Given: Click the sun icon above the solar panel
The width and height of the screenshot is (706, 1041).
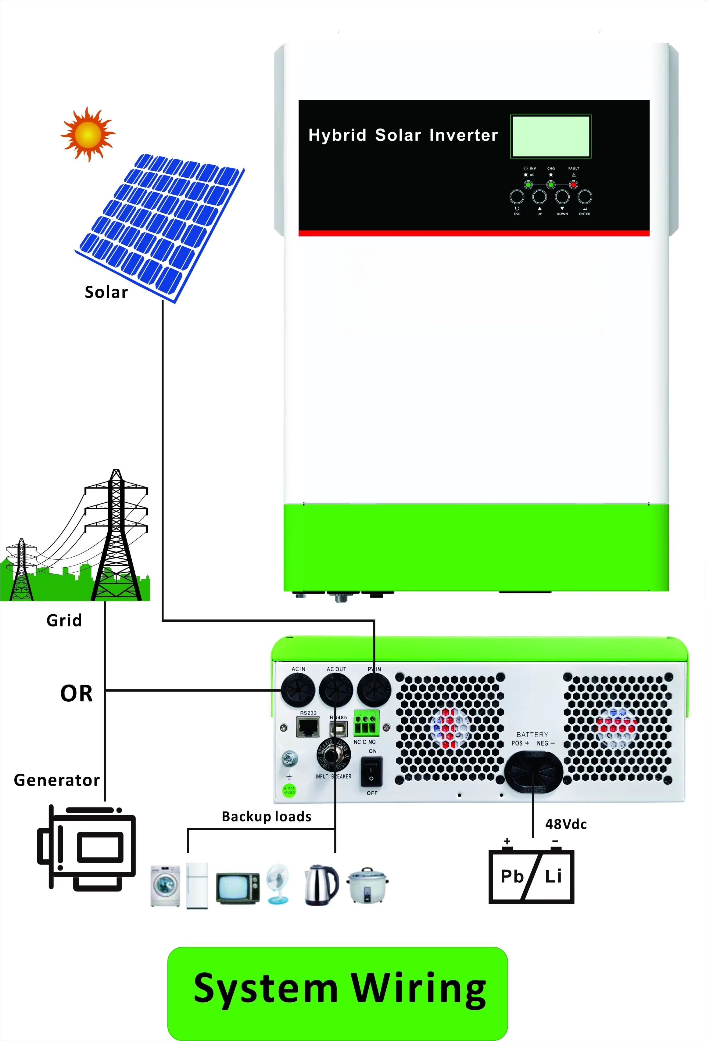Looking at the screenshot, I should click(88, 134).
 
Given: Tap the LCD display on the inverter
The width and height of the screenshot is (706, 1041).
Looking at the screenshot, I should click(551, 136).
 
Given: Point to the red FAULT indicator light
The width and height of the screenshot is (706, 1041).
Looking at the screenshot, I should click(573, 185).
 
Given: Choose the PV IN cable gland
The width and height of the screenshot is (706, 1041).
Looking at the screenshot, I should click(374, 690).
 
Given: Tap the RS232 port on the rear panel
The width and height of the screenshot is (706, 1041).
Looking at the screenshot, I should click(308, 727).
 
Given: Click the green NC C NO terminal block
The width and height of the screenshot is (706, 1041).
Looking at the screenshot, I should click(366, 723).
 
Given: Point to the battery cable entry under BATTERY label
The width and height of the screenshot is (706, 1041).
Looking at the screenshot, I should click(533, 771).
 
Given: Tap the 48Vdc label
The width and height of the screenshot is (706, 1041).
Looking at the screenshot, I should click(566, 825).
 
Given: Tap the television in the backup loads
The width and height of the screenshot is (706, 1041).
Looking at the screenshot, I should click(237, 888).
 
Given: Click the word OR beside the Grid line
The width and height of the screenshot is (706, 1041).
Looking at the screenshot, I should click(77, 693).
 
